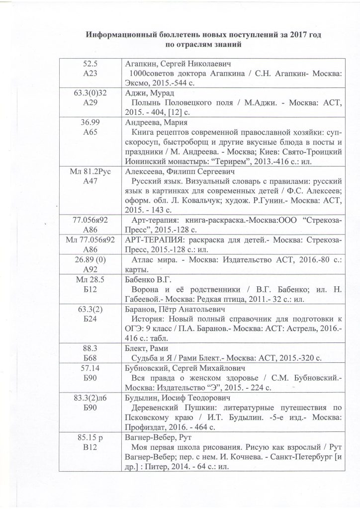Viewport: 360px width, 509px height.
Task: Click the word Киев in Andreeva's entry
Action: coord(251,152)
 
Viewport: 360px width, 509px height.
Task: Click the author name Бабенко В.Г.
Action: coord(147,278)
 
